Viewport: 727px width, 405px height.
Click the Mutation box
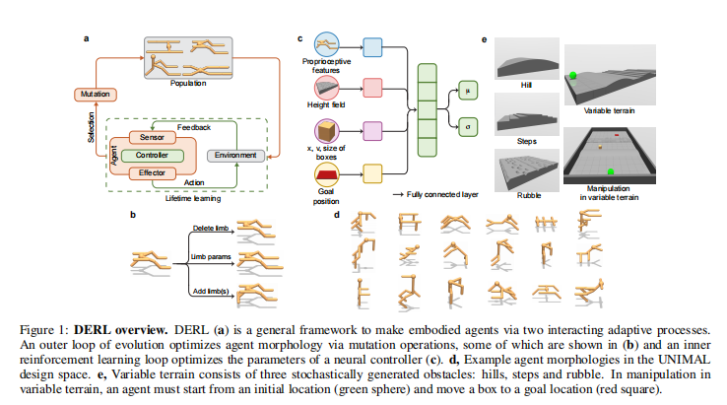click(x=94, y=95)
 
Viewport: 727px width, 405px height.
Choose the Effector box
click(x=150, y=172)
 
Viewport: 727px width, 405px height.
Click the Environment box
click(x=234, y=156)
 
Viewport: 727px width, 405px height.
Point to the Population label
click(x=188, y=84)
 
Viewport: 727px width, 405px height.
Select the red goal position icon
click(x=325, y=175)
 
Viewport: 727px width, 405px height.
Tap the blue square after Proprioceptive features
click(x=373, y=46)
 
